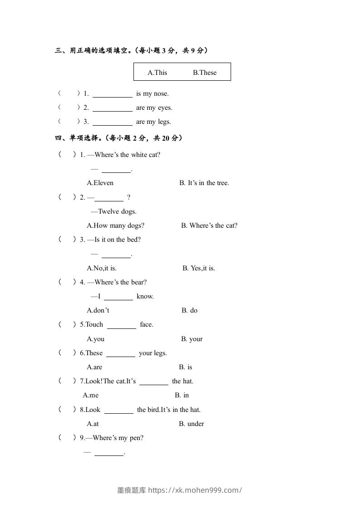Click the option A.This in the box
tap(157, 73)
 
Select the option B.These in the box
tap(205, 73)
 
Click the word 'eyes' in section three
tap(163, 108)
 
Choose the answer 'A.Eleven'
tap(100, 183)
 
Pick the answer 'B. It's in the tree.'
tap(204, 183)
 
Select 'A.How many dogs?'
tap(115, 225)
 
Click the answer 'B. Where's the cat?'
tap(209, 225)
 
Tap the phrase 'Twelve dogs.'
tap(117, 211)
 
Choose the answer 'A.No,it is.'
tap(102, 268)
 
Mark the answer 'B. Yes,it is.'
tap(199, 268)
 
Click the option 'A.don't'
tap(98, 310)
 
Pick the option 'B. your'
tap(192, 339)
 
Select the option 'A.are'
tap(94, 367)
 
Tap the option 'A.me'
tap(90, 395)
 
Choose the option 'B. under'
tap(191, 424)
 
